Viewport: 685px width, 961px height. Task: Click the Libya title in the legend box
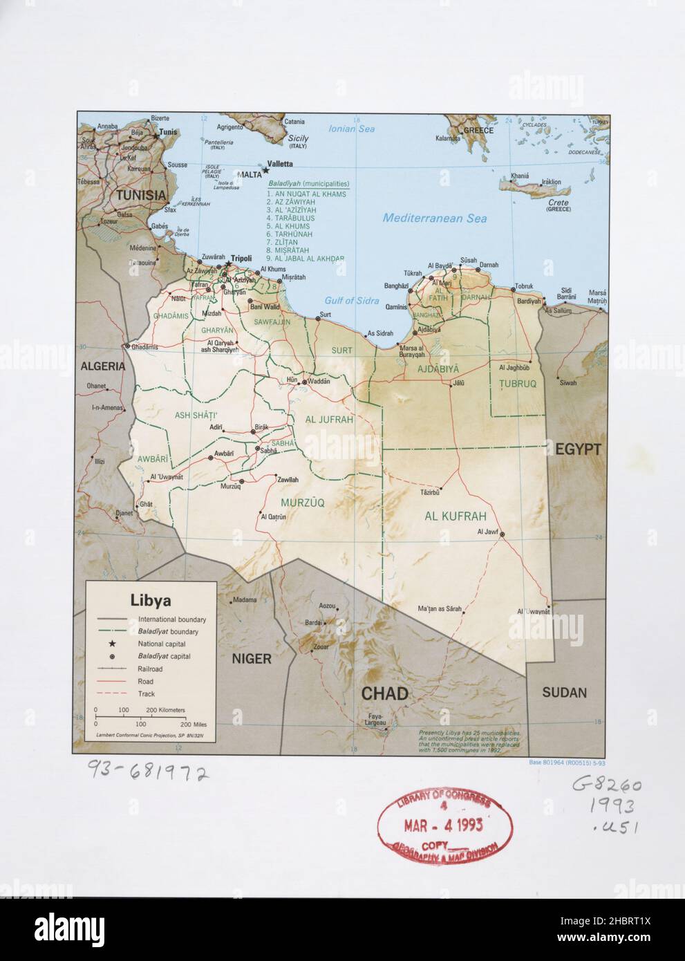(x=151, y=600)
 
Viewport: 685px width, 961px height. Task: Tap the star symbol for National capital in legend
(x=111, y=644)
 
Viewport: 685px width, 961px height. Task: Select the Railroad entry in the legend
(x=150, y=669)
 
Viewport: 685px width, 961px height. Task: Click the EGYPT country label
(x=578, y=449)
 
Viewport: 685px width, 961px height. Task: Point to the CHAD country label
(x=384, y=693)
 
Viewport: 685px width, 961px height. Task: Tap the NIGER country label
(x=251, y=659)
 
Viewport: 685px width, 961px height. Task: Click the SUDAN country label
(x=564, y=692)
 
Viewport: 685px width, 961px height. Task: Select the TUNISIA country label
(x=141, y=195)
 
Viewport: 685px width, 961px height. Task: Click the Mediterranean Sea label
(x=435, y=218)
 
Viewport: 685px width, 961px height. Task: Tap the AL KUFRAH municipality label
(x=456, y=516)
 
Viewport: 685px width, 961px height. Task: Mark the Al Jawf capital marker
(x=503, y=534)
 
